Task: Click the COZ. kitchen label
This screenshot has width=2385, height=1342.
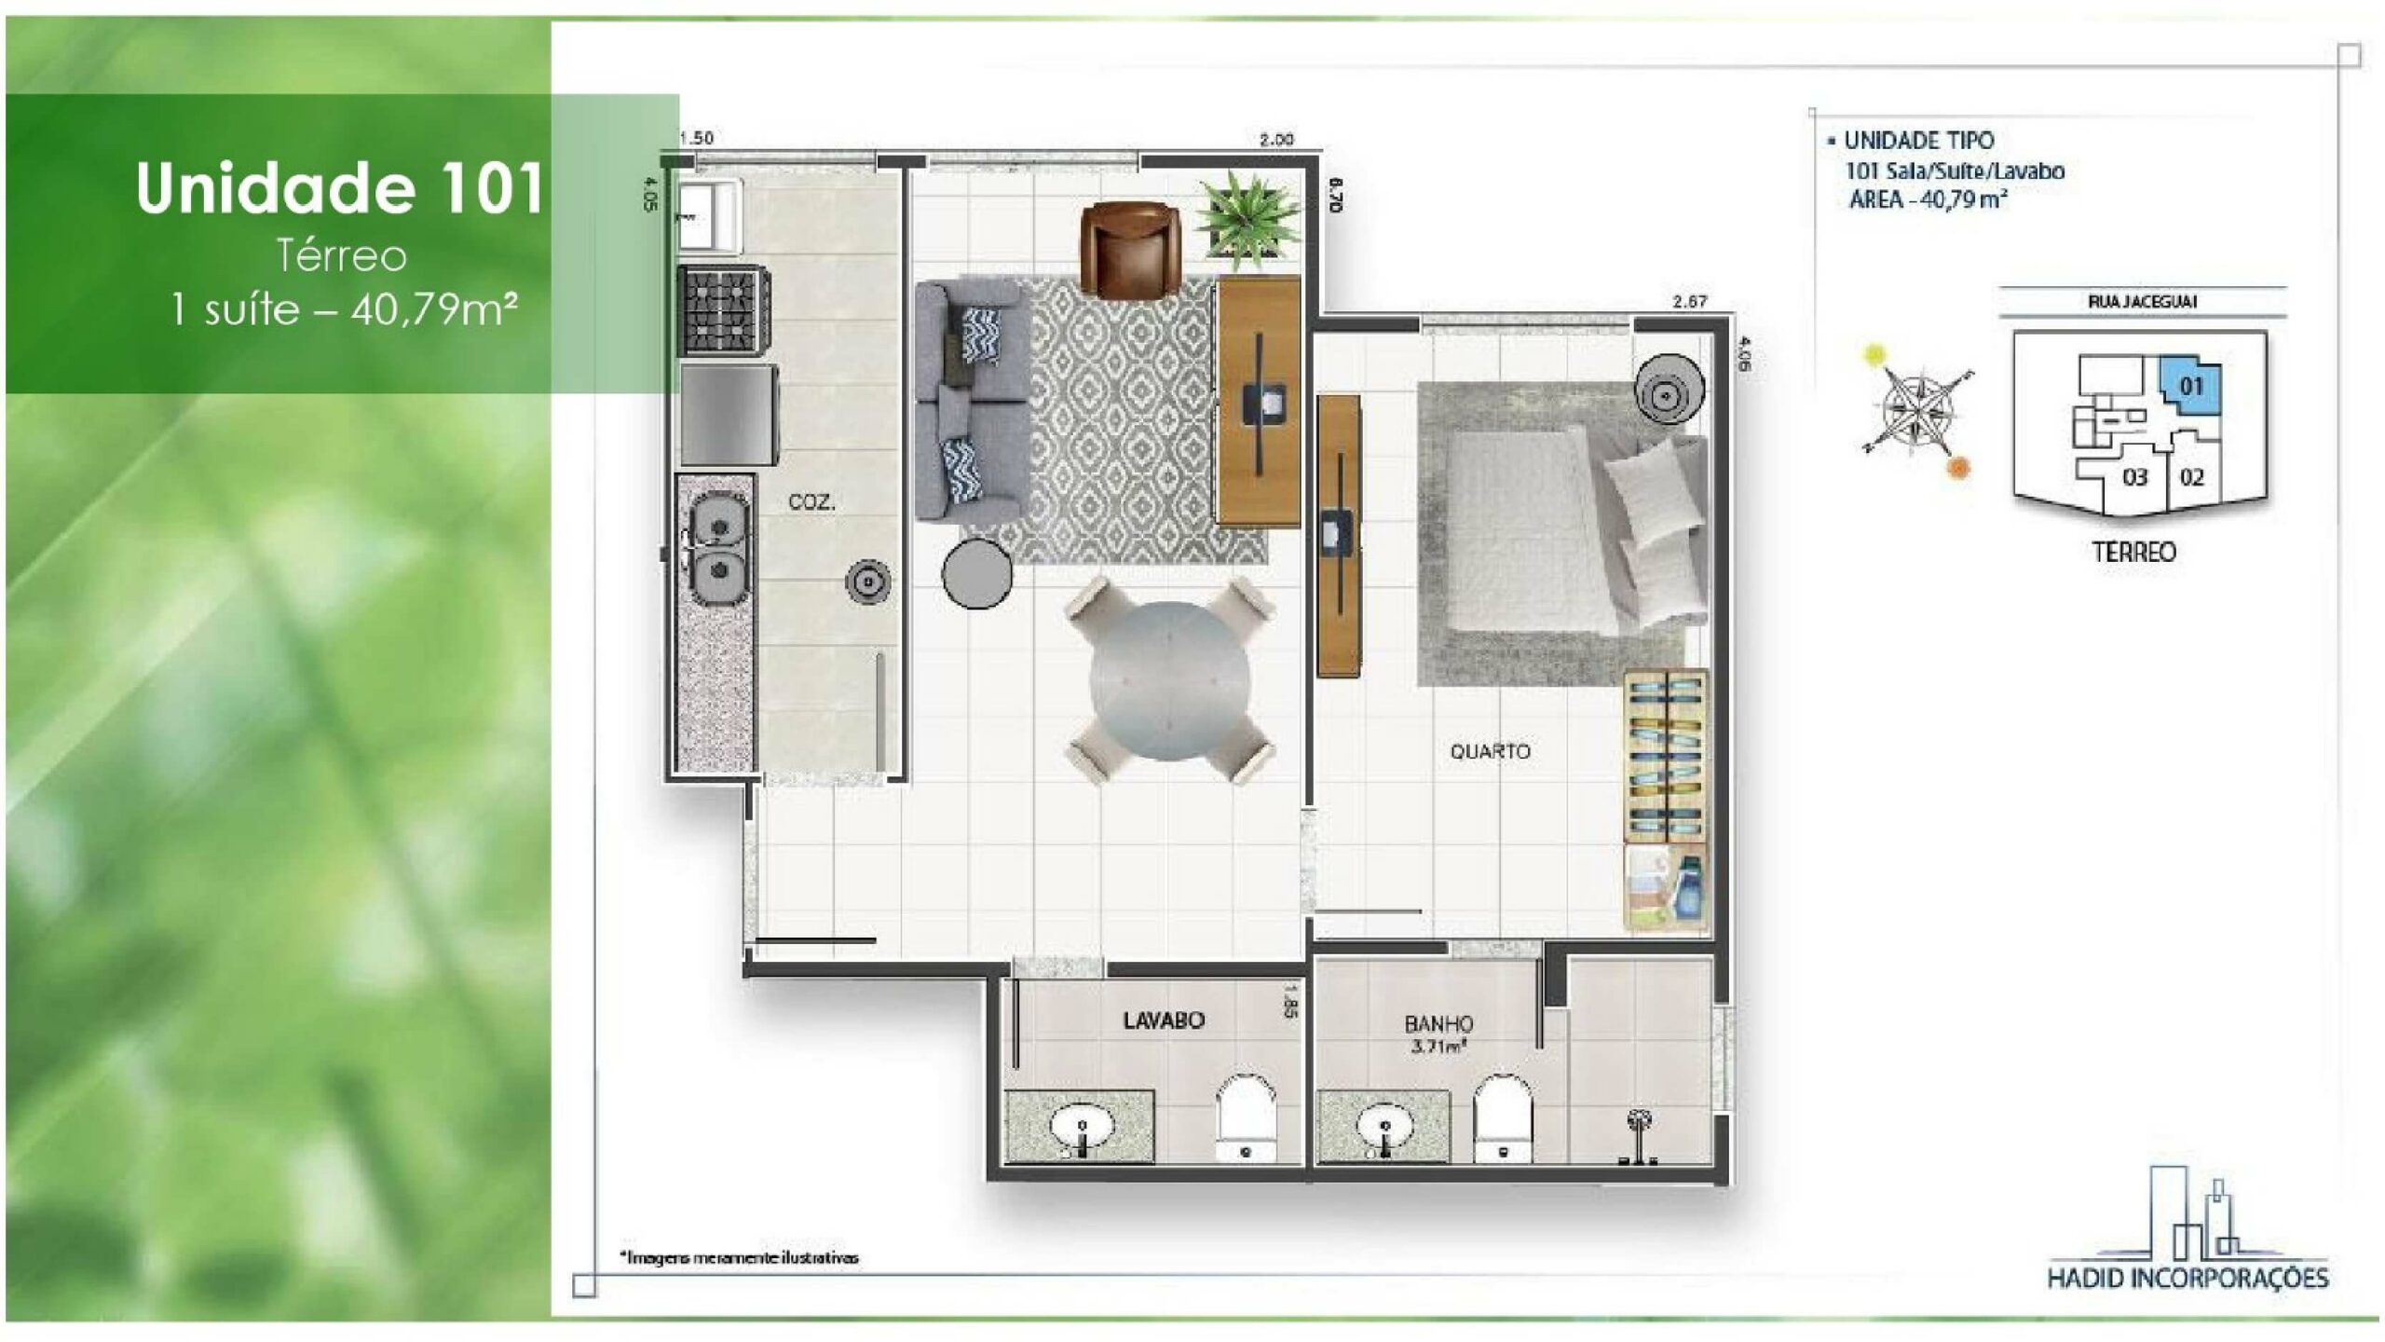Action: tap(811, 502)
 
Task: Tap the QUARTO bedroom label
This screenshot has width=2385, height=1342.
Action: tap(1490, 751)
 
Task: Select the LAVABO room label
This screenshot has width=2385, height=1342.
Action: tap(1164, 1020)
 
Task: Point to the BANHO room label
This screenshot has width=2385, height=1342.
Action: tap(1438, 1024)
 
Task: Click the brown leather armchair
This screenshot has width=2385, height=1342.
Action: tap(1130, 250)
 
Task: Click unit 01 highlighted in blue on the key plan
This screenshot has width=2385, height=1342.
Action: tap(2191, 386)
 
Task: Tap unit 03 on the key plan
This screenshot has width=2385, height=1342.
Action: tap(2134, 478)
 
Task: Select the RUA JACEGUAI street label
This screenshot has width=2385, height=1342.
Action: tap(2143, 302)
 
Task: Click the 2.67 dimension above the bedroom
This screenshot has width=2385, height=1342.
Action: tap(1689, 301)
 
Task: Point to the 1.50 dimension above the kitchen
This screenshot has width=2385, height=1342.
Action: tap(696, 138)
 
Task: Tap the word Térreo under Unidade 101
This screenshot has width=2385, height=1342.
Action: tap(342, 256)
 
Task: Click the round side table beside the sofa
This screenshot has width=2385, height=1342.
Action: tap(976, 572)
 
